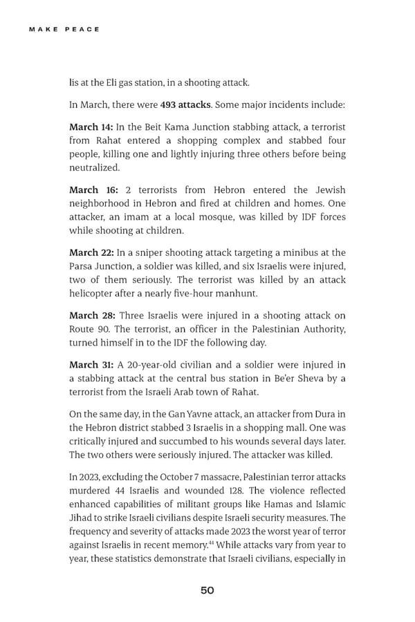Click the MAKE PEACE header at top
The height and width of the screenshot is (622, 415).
[x=64, y=29]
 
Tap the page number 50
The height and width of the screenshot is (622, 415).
[x=207, y=590]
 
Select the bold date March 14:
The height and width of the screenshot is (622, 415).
[x=91, y=128]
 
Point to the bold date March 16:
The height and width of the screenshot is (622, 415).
[x=93, y=190]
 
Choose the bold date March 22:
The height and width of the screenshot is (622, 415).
[x=91, y=252]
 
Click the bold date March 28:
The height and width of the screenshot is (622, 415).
[x=92, y=316]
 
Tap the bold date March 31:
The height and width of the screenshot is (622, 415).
[x=91, y=364]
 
